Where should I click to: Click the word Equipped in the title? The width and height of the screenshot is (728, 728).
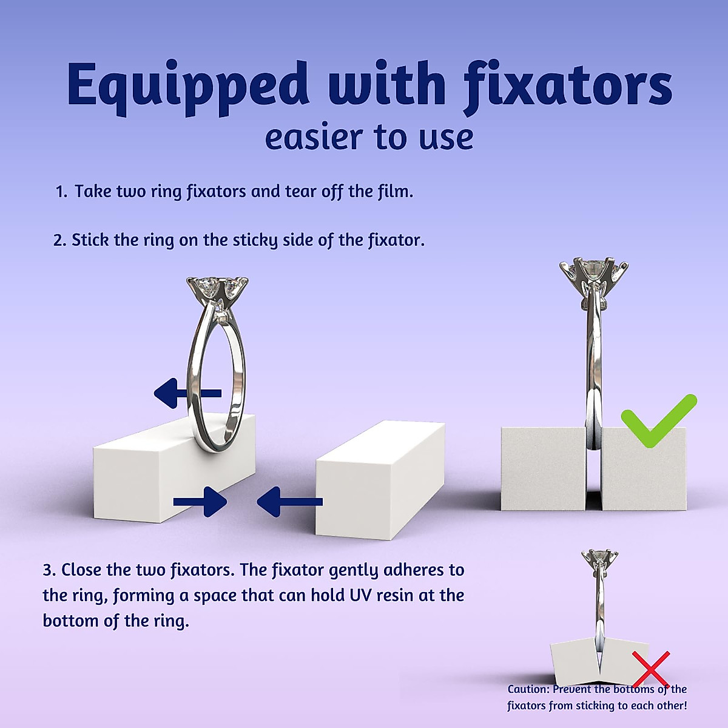pos(187,85)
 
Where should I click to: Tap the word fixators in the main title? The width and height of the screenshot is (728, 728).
pos(568,85)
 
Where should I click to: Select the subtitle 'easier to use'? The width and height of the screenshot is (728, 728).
pos(369,137)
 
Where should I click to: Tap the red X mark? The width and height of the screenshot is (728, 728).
pos(651,669)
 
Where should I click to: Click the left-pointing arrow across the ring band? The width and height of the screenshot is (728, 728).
pos(187,393)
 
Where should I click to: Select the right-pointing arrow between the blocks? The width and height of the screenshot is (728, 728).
pos(200,502)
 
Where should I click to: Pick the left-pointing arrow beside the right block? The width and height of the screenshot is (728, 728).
pos(289,502)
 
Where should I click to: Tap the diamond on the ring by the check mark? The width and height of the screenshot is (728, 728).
pos(593,268)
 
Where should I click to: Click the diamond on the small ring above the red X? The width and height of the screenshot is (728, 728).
pos(599,556)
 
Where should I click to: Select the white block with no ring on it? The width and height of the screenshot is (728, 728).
pos(379,479)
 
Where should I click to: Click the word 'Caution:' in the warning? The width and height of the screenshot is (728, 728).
pos(528,689)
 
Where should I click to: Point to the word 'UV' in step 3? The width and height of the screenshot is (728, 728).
pos(361,596)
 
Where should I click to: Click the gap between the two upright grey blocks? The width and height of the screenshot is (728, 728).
pos(593,479)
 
